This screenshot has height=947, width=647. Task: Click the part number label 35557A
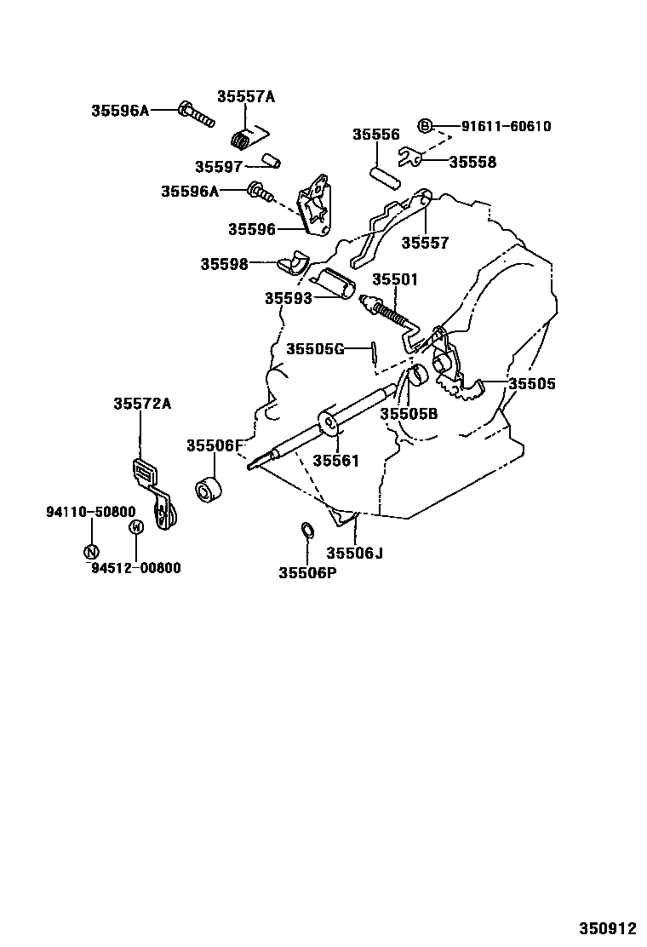pos(245,96)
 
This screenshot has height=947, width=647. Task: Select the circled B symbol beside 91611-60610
pos(426,126)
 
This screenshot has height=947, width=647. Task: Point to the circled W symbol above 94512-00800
pos(135,528)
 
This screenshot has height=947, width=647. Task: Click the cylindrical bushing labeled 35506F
pos(209,491)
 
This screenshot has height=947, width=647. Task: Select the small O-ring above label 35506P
pos(308,532)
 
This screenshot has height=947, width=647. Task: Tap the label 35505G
pos(315,348)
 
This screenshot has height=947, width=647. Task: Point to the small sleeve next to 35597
pos(271,160)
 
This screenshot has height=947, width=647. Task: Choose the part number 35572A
pos(142,404)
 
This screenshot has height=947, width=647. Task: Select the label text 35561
pos(335,461)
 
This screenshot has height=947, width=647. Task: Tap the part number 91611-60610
pos(506,127)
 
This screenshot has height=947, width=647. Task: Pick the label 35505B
pos(409,414)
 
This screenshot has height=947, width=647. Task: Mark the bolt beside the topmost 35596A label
pos(196,112)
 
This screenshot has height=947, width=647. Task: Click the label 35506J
pos(355,553)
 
